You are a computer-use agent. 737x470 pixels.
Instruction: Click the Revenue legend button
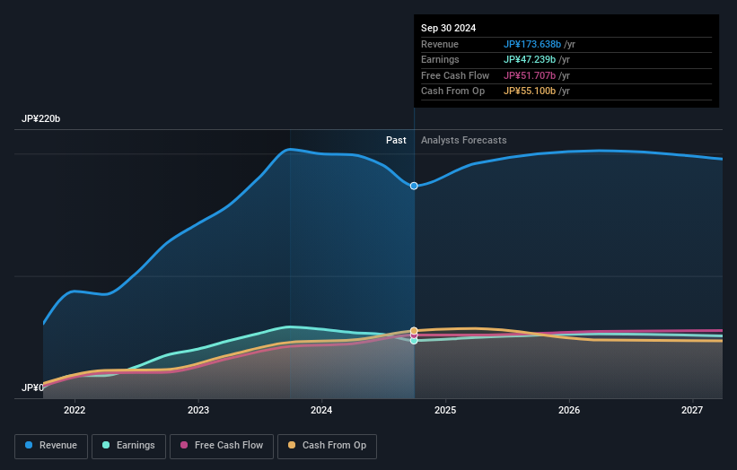click(x=51, y=446)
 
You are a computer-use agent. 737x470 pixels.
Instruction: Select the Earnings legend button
click(x=127, y=446)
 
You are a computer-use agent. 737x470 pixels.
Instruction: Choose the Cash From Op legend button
click(x=327, y=446)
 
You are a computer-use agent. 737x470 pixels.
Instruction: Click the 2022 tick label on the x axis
click(x=75, y=411)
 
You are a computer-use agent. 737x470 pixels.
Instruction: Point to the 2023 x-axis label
click(x=198, y=411)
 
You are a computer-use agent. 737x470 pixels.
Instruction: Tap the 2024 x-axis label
click(x=321, y=411)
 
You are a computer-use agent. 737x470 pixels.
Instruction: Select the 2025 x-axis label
click(x=445, y=411)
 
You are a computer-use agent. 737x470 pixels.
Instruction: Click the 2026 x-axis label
click(x=568, y=411)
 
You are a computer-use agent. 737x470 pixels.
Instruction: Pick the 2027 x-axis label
click(x=691, y=411)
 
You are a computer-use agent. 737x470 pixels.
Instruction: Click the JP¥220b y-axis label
click(x=41, y=119)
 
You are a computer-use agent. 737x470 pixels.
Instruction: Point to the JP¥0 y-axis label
click(x=32, y=388)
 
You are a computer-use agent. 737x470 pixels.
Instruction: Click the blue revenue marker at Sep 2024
click(x=414, y=186)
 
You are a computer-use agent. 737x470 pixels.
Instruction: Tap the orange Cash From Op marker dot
click(x=414, y=331)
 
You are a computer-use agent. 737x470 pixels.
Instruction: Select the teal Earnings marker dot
click(x=414, y=341)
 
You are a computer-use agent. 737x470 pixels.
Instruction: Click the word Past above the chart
click(x=396, y=141)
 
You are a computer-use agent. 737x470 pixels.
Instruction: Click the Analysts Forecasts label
click(x=463, y=141)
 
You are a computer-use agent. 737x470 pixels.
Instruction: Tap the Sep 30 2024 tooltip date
click(x=448, y=28)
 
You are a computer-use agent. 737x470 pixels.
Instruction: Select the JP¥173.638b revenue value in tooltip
click(x=532, y=45)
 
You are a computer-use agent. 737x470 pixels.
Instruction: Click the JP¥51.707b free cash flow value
click(x=531, y=76)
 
